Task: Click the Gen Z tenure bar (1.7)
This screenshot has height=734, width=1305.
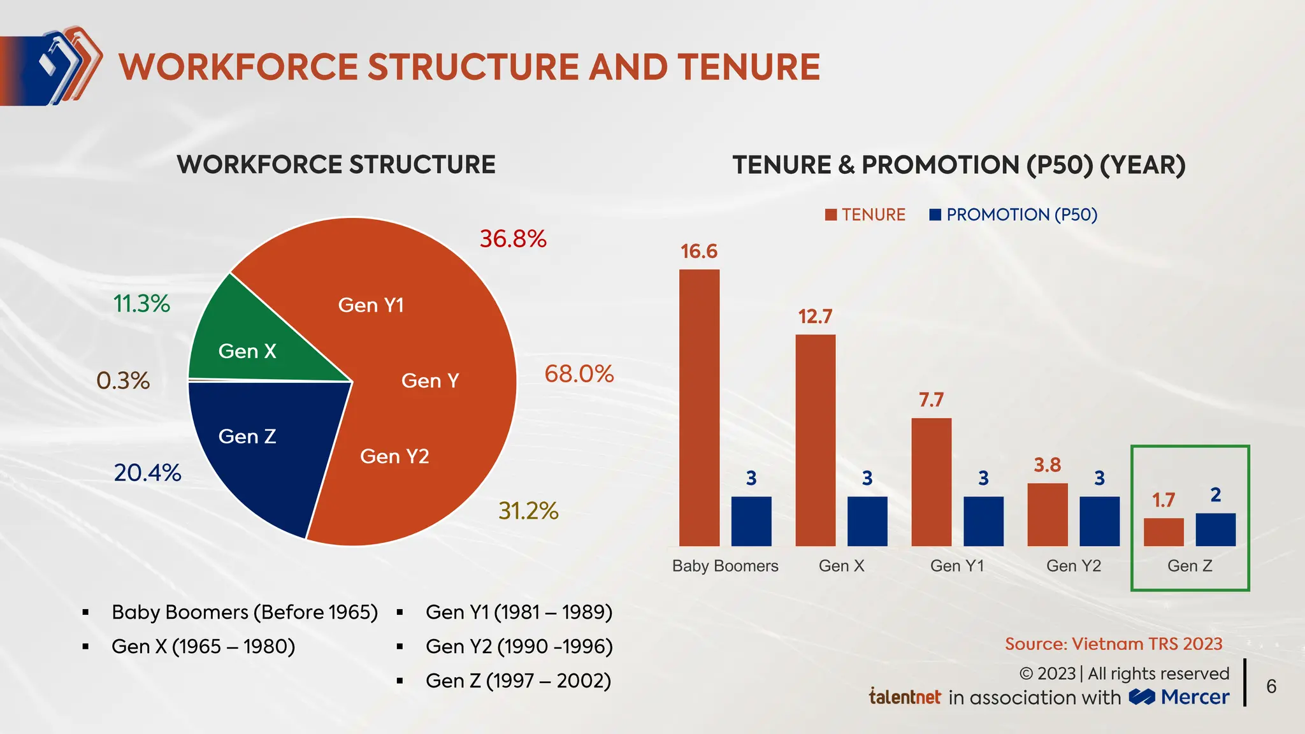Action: (1164, 532)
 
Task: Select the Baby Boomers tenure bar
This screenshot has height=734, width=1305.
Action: (699, 408)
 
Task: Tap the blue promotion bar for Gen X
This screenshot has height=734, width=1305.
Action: (867, 521)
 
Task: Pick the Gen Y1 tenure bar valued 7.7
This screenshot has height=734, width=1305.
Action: (931, 482)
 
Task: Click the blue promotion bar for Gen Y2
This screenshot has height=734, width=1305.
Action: (1099, 521)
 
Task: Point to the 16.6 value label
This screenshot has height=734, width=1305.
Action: (699, 252)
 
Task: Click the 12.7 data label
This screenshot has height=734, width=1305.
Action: (815, 317)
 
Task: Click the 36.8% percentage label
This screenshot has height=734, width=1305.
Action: (513, 239)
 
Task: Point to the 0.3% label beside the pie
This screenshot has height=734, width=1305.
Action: (123, 380)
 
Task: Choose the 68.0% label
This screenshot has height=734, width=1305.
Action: (579, 373)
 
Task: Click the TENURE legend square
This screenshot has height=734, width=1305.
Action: (831, 215)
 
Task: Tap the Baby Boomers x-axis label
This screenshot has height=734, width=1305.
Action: (725, 566)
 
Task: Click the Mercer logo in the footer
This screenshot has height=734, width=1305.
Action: (1179, 697)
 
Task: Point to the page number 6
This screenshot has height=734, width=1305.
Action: (1271, 686)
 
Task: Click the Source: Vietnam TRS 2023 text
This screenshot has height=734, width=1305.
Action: (1113, 644)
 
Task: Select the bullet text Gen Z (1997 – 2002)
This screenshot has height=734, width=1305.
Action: (518, 680)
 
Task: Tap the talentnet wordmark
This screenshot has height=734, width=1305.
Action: (905, 696)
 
